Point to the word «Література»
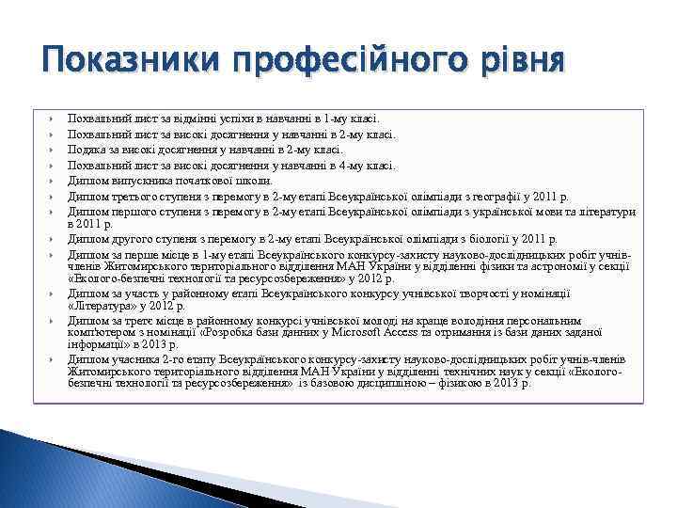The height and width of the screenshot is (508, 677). point(102,305)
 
